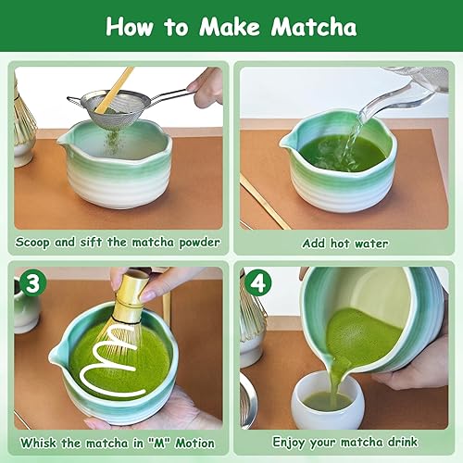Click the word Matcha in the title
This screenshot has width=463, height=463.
point(312,27)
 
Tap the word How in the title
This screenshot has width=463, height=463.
point(135,27)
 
